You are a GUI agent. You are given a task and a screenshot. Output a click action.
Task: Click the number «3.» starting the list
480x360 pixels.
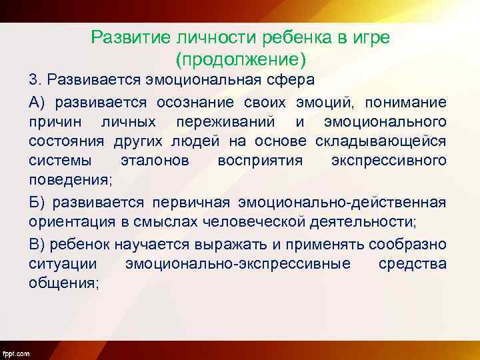click(35, 81)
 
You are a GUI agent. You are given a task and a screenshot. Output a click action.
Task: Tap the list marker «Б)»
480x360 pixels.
click(37, 203)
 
